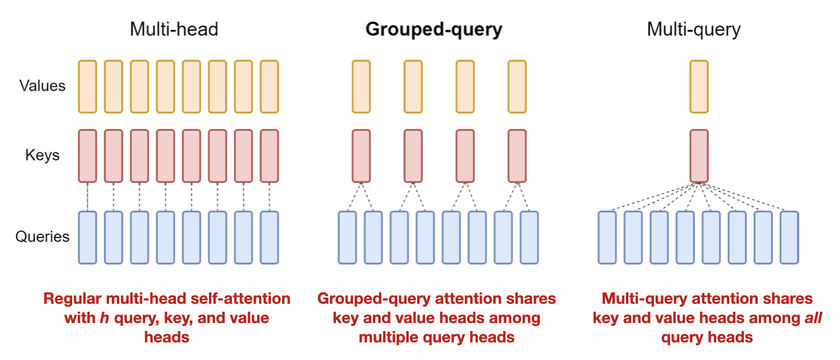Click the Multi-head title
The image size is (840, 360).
[x=174, y=29]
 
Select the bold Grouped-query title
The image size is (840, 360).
[x=434, y=29]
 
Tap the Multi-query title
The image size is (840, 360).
[x=694, y=29]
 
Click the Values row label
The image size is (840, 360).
[x=43, y=86]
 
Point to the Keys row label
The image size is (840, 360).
[x=42, y=155]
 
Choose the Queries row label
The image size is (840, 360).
[x=43, y=237]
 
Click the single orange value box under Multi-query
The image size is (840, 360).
[x=699, y=86]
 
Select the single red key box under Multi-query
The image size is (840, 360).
[x=699, y=156]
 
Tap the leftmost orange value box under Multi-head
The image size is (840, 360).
[x=87, y=86]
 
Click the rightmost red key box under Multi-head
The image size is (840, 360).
[x=269, y=156]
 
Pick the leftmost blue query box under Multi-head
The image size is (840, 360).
[x=87, y=237]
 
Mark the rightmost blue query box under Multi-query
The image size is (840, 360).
[x=789, y=237]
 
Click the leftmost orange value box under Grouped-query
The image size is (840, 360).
[x=361, y=86]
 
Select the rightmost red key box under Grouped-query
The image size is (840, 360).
[x=517, y=156]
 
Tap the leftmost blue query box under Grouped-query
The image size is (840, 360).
[x=347, y=237]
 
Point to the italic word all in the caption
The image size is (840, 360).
[x=813, y=318]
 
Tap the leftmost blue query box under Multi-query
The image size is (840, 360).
[x=607, y=237]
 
